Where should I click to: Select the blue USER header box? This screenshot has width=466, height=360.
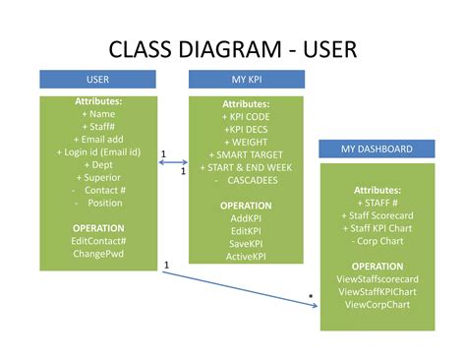click(x=98, y=79)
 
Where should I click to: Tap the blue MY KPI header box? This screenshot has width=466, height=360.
click(x=246, y=79)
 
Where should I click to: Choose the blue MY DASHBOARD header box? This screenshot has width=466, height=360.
click(x=377, y=149)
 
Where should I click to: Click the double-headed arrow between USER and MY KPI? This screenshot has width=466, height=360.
click(x=173, y=162)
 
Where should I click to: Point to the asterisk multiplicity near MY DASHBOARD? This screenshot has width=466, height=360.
click(x=311, y=296)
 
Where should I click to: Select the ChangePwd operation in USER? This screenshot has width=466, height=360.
click(x=98, y=253)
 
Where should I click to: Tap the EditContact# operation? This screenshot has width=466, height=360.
click(x=98, y=240)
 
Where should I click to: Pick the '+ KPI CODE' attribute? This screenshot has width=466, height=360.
click(x=246, y=116)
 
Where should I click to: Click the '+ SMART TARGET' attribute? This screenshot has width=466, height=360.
click(x=246, y=154)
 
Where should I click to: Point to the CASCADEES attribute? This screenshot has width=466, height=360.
click(x=246, y=180)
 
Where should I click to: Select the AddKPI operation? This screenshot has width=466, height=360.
click(x=246, y=218)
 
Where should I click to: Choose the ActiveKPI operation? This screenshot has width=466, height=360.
click(x=246, y=257)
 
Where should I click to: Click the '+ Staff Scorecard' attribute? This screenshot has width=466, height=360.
click(x=378, y=215)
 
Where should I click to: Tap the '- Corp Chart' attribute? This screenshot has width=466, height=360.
click(x=378, y=241)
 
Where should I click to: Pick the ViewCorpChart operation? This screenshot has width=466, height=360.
click(x=378, y=305)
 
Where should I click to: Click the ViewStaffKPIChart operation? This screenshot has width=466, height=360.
click(x=378, y=292)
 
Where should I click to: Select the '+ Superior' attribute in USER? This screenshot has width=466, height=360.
click(x=98, y=177)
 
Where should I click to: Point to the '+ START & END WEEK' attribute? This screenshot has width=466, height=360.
click(x=246, y=167)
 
